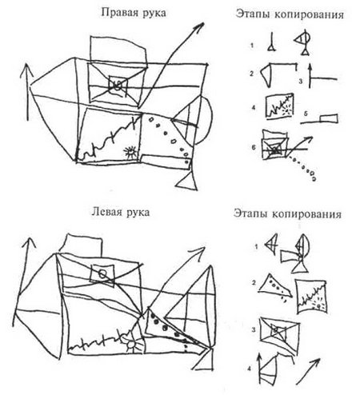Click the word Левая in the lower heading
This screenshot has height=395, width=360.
pos(106,212)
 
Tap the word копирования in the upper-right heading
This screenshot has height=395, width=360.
pos(309,14)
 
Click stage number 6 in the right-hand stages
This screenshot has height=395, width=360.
pos(254,147)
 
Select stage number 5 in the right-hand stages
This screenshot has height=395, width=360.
pos(306,114)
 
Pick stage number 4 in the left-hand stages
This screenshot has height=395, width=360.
pos(249,369)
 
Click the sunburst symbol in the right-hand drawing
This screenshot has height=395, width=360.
pos(130,152)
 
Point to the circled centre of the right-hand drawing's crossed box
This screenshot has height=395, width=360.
pos(118,86)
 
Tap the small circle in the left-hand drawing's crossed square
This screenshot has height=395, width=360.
pos(102,273)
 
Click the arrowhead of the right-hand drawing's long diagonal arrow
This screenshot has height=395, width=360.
pos(199,27)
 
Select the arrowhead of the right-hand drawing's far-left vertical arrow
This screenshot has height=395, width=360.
pos(26,70)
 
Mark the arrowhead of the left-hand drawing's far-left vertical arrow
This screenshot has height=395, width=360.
pos(30,244)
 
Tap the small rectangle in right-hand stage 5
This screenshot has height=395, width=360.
pos(329,118)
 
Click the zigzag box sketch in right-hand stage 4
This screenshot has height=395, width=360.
pos(279,106)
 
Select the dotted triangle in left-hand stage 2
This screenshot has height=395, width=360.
pos(274,287)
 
